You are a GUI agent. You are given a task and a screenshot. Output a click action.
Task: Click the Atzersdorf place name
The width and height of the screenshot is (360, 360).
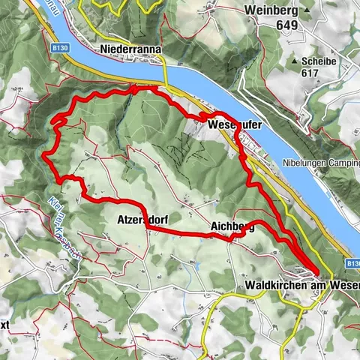(142, 220)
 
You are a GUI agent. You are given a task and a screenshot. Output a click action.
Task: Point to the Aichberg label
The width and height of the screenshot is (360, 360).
(232, 227)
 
